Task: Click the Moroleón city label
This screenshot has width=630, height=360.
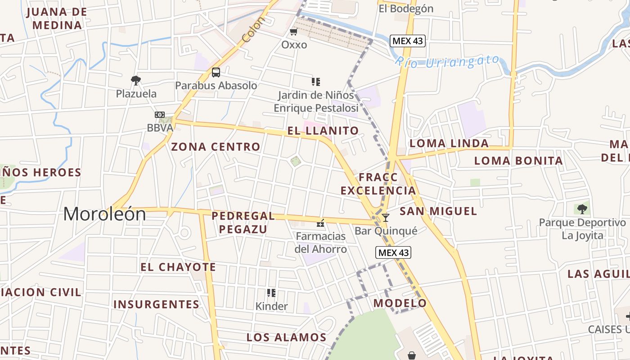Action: pyautogui.click(x=104, y=214)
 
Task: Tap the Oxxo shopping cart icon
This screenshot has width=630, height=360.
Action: pyautogui.click(x=294, y=31)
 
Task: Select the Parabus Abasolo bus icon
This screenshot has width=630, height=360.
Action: pyautogui.click(x=216, y=72)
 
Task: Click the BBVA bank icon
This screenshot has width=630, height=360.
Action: pyautogui.click(x=160, y=115)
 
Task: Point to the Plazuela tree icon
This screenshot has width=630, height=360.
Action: pyautogui.click(x=136, y=81)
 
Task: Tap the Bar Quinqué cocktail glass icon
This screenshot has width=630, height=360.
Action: pyautogui.click(x=386, y=218)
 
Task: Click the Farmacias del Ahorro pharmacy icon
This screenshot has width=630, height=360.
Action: pyautogui.click(x=321, y=222)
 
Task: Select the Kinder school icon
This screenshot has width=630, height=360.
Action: pyautogui.click(x=271, y=293)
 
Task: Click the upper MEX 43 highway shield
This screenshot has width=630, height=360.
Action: pyautogui.click(x=407, y=41)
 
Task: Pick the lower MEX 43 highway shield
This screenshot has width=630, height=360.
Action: pyautogui.click(x=393, y=252)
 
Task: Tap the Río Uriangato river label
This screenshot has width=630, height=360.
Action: pyautogui.click(x=447, y=61)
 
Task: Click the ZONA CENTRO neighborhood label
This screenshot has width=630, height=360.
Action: pyautogui.click(x=216, y=147)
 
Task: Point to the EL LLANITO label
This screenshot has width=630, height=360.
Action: pyautogui.click(x=323, y=131)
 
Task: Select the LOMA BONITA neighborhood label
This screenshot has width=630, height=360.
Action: pyautogui.click(x=518, y=161)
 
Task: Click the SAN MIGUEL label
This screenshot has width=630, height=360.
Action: pyautogui.click(x=438, y=211)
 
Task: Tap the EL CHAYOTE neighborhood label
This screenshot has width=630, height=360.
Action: pyautogui.click(x=178, y=267)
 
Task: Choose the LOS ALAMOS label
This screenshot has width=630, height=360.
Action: pyautogui.click(x=286, y=337)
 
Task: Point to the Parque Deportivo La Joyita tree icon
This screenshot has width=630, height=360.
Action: pyautogui.click(x=582, y=209)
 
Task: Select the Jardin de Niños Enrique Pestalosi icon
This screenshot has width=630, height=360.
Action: pyautogui.click(x=316, y=82)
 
